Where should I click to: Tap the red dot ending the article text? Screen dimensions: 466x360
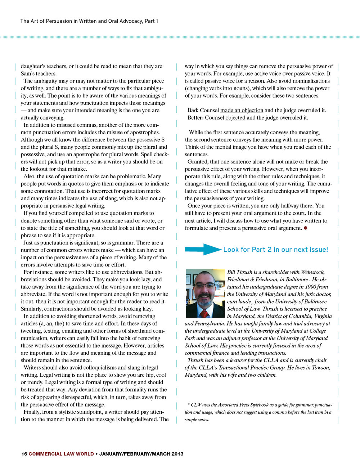point(305,228)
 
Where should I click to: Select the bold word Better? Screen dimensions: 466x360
point(195,118)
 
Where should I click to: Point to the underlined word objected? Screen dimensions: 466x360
point(235,118)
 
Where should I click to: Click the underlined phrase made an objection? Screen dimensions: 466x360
point(242,110)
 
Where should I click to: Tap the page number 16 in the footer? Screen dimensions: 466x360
point(24,454)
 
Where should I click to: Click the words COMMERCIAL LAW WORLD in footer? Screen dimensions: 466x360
point(61,454)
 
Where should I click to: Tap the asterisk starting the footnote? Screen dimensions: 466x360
point(189,405)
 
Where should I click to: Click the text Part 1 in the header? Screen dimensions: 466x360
point(151,21)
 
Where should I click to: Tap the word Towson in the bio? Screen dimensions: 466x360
point(321,368)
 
